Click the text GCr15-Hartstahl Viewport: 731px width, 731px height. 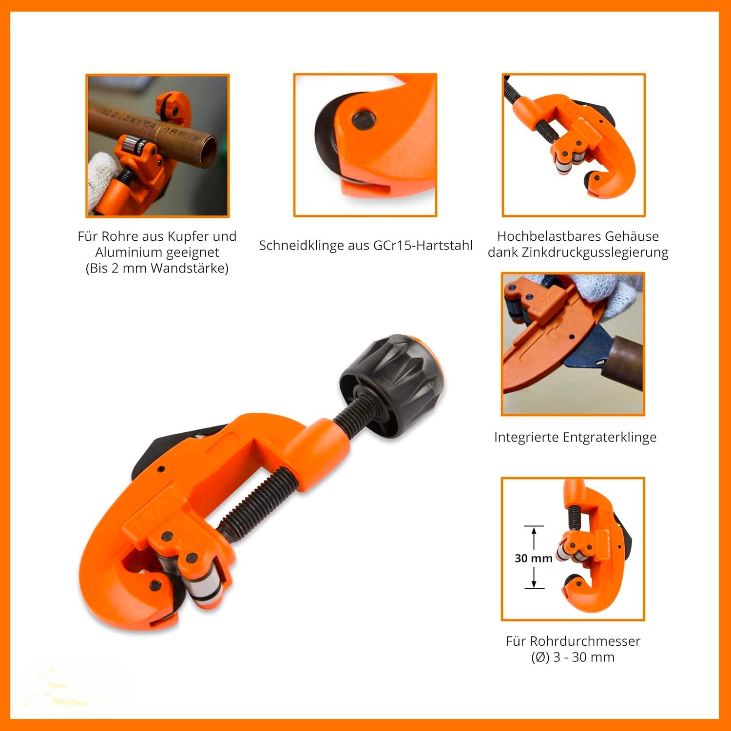click(x=423, y=245)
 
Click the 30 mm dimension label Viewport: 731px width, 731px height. click(x=533, y=558)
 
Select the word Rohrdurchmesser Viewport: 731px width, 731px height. click(x=573, y=641)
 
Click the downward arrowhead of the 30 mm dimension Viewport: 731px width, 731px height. click(x=534, y=583)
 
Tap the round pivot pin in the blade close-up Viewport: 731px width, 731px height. click(x=364, y=119)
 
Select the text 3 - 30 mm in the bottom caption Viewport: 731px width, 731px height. click(x=583, y=657)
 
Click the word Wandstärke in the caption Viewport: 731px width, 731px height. click(x=192, y=269)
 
